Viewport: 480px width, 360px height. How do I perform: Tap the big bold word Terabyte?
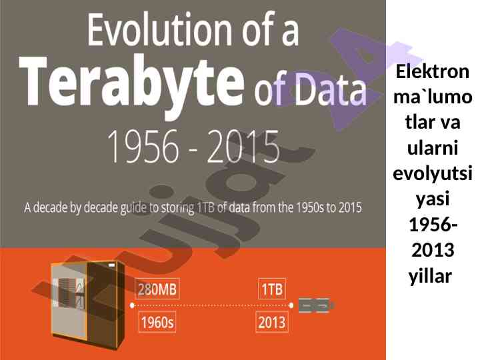pyautogui.click(x=132, y=83)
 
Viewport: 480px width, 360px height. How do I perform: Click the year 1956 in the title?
pyautogui.click(x=143, y=147)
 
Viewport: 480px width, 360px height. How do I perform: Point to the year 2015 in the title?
pyautogui.click(x=243, y=147)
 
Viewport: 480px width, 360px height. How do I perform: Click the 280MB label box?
pyautogui.click(x=157, y=289)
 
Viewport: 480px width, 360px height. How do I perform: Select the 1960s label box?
pyautogui.click(x=157, y=322)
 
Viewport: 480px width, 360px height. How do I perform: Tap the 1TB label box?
pyautogui.click(x=272, y=289)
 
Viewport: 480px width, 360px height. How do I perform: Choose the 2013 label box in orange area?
pyautogui.click(x=272, y=322)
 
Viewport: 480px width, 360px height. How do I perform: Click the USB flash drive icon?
pyautogui.click(x=316, y=305)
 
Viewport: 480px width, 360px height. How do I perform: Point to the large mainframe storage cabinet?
pyautogui.click(x=88, y=305)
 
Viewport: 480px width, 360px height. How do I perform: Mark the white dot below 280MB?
pyautogui.click(x=132, y=305)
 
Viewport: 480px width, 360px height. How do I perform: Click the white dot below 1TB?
pyautogui.click(x=291, y=305)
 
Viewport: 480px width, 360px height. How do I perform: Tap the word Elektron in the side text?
pyautogui.click(x=433, y=71)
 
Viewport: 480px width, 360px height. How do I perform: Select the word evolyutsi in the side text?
pyautogui.click(x=433, y=173)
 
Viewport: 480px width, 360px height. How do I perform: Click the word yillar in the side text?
pyautogui.click(x=431, y=276)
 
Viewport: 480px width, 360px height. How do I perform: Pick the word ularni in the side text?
pyautogui.click(x=433, y=148)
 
